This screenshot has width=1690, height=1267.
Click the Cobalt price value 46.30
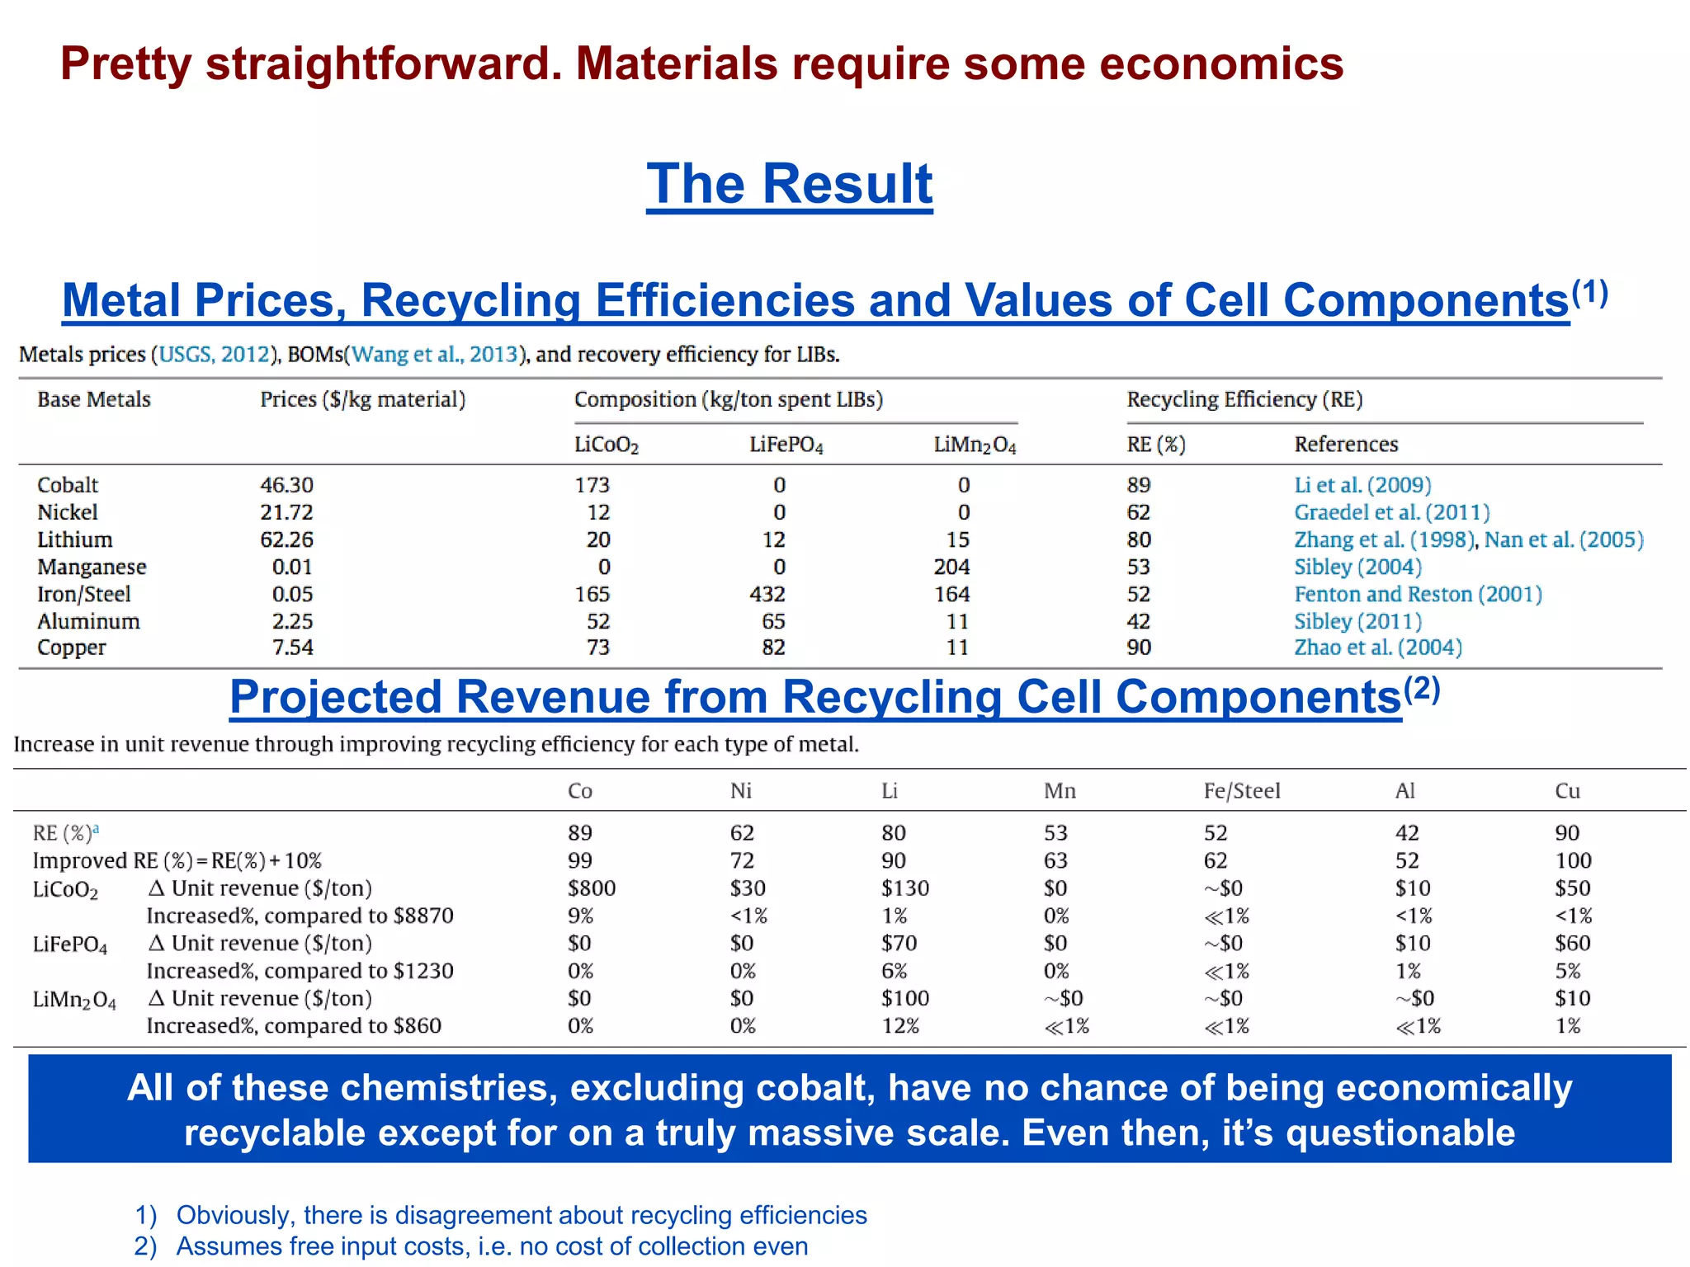[x=286, y=485]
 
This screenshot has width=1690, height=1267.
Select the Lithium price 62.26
[x=286, y=539]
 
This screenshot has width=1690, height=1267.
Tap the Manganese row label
[x=92, y=567]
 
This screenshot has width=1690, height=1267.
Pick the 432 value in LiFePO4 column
[x=767, y=594]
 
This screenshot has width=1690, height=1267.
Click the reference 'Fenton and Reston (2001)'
[x=1417, y=594]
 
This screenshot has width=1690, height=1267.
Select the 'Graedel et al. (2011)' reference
[x=1391, y=512]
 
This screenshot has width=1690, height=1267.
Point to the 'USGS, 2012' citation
[x=214, y=355]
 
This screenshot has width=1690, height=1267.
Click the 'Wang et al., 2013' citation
[x=435, y=355]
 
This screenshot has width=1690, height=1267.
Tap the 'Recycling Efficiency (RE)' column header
[x=1244, y=399]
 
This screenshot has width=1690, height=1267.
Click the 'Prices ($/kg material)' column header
[x=362, y=399]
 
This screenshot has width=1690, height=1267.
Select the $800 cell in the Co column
[x=591, y=888]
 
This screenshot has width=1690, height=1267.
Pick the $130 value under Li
[x=904, y=888]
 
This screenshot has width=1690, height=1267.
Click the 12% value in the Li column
[x=899, y=1026]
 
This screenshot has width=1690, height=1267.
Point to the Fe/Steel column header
[x=1241, y=791]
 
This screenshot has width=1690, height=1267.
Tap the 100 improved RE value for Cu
[x=1573, y=861]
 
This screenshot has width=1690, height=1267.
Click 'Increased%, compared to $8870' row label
[x=300, y=916]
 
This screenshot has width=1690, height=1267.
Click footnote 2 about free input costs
[x=491, y=1246]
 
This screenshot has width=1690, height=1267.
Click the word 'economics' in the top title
[x=1220, y=64]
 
